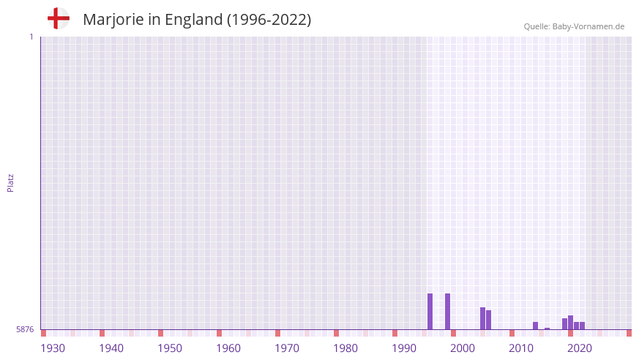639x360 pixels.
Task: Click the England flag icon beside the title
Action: pyautogui.click(x=58, y=18)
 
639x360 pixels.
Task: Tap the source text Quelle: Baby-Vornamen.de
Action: pyautogui.click(x=574, y=26)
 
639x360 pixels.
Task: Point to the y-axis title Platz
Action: pyautogui.click(x=10, y=182)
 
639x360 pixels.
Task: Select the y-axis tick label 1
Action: pyautogui.click(x=31, y=37)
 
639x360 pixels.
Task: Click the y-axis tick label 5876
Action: pyautogui.click(x=25, y=329)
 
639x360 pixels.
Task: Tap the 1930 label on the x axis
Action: pyautogui.click(x=53, y=348)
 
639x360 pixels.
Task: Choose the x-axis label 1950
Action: pyautogui.click(x=170, y=348)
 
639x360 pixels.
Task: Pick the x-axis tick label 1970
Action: pyautogui.click(x=287, y=348)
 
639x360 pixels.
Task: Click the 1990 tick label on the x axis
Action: pyautogui.click(x=404, y=348)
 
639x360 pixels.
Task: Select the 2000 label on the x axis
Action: pyautogui.click(x=463, y=348)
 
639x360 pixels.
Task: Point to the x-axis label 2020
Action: pyautogui.click(x=580, y=348)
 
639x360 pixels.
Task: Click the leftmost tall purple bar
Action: pyautogui.click(x=430, y=311)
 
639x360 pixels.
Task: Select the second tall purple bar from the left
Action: pyautogui.click(x=447, y=311)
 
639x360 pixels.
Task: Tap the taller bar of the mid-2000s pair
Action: pyautogui.click(x=482, y=318)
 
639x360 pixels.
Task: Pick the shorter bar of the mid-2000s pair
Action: pyautogui.click(x=488, y=320)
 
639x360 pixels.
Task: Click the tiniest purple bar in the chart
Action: pyautogui.click(x=547, y=329)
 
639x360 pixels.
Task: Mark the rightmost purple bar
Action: pyautogui.click(x=582, y=326)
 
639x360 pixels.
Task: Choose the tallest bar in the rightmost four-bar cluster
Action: pyautogui.click(x=570, y=322)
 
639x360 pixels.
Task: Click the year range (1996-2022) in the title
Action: pyautogui.click(x=269, y=20)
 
